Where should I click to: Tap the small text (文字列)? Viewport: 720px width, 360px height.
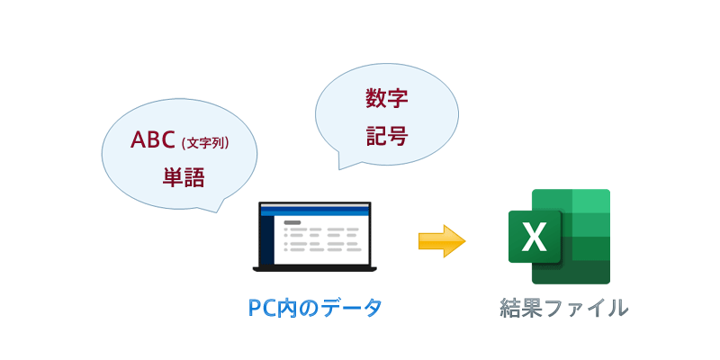click(205, 142)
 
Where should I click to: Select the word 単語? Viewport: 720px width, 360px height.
click(184, 176)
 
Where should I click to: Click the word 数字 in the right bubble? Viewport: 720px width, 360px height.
click(387, 99)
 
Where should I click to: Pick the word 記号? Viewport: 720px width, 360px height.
click(387, 136)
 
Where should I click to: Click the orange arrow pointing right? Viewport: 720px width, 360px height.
click(441, 241)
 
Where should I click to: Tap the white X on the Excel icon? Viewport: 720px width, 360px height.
click(535, 238)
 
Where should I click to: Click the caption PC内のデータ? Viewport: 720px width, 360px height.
click(315, 308)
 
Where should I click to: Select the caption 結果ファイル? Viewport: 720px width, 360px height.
click(564, 308)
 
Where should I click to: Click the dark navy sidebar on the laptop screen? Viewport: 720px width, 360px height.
click(266, 240)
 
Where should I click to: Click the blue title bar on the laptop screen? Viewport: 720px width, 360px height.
click(315, 211)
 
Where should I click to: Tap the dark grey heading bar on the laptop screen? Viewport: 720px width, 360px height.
click(292, 221)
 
